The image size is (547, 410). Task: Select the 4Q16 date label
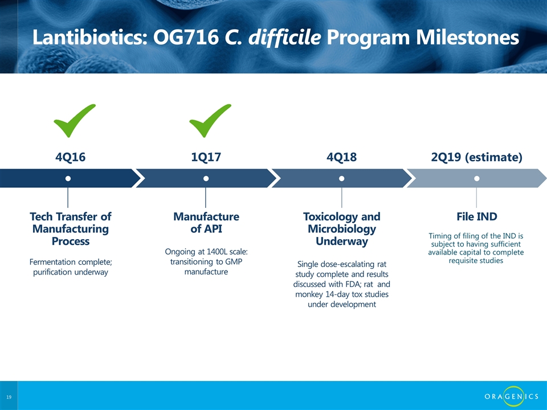pyautogui.click(x=71, y=157)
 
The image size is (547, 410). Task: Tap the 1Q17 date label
pyautogui.click(x=206, y=157)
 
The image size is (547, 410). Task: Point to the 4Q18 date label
pyautogui.click(x=341, y=157)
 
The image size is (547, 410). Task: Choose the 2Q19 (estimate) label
pyautogui.click(x=476, y=157)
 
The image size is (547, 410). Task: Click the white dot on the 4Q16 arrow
pyautogui.click(x=68, y=178)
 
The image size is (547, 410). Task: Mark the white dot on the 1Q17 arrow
pyautogui.click(x=206, y=178)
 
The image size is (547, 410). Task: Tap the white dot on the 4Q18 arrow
pyautogui.click(x=341, y=178)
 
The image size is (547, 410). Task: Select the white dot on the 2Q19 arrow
pyautogui.click(x=476, y=178)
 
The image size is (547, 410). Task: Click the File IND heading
pyautogui.click(x=476, y=216)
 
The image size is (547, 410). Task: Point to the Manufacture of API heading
pyautogui.click(x=206, y=223)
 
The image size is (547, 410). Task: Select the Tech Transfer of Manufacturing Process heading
pyautogui.click(x=71, y=229)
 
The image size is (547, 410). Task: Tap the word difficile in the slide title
pyautogui.click(x=285, y=38)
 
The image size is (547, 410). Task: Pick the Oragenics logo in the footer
pyautogui.click(x=511, y=396)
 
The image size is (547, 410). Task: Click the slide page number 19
pyautogui.click(x=9, y=397)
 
